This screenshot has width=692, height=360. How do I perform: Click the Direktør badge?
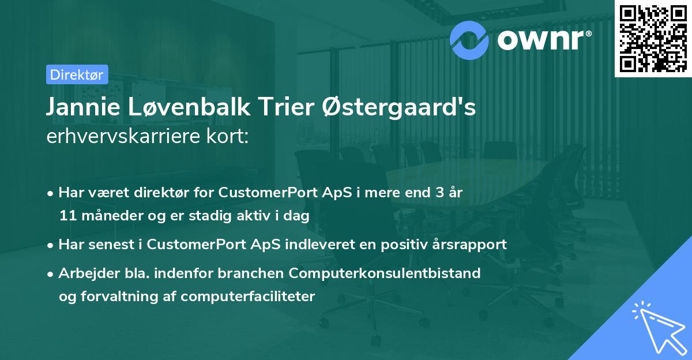77,74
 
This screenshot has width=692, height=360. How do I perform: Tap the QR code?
653,39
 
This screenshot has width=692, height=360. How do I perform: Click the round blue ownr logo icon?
469,40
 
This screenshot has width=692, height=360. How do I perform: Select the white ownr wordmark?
540,40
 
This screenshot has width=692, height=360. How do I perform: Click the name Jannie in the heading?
83,107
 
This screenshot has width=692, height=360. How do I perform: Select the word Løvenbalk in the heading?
189,107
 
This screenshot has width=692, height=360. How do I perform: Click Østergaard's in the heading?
398,107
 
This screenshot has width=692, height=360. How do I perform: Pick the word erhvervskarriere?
123,136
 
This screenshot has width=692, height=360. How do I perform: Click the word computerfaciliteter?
248,297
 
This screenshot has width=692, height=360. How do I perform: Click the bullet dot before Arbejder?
50,275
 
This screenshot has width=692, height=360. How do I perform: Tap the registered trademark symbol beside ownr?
588,33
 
